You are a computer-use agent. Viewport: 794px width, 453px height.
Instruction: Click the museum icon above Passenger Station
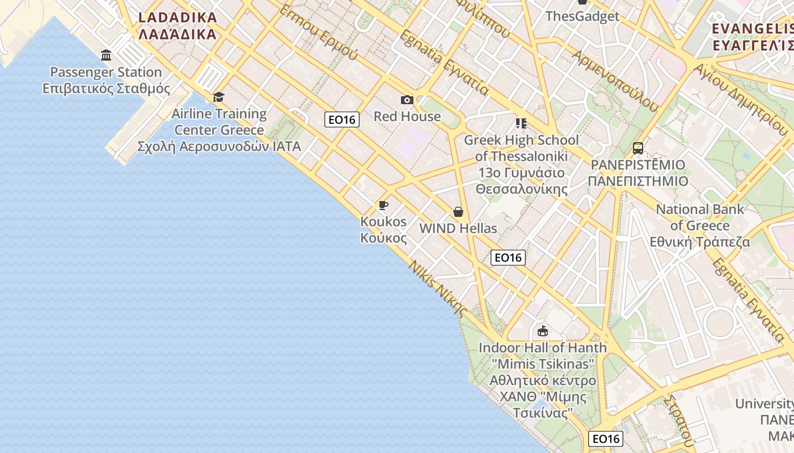106,55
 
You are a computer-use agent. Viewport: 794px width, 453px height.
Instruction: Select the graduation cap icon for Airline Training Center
219,97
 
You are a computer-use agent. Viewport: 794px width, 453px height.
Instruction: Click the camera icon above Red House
407,100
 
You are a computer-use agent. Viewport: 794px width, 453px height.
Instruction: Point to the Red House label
407,117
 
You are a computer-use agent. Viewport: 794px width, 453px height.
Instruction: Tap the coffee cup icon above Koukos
383,205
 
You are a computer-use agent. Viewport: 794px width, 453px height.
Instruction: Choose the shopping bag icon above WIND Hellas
458,212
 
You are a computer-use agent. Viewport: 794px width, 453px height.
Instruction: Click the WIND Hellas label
458,229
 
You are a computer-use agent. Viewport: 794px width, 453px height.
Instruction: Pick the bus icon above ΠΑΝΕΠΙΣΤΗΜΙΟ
638,148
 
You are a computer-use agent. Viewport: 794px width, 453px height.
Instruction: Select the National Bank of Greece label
700,225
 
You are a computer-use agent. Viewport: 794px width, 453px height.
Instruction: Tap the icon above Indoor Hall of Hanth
543,331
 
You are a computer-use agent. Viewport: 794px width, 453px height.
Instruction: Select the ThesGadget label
582,16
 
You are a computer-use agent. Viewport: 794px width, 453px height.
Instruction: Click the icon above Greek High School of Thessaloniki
521,123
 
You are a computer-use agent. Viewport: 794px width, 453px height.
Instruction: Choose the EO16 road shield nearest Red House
342,119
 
